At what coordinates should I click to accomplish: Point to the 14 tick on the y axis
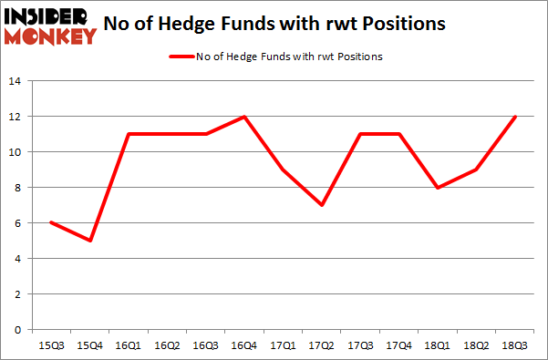tap(16, 81)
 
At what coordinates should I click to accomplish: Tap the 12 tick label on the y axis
tap(16, 117)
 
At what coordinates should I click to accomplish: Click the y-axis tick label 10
tap(16, 152)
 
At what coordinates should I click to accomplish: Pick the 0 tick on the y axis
tap(18, 330)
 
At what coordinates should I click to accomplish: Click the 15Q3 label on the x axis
tap(52, 346)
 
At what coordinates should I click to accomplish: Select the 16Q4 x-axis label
tap(244, 346)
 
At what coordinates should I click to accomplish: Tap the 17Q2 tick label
tap(321, 346)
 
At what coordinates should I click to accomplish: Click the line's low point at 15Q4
tap(91, 241)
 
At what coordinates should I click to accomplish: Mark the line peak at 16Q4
tap(244, 117)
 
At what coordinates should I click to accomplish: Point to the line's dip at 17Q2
tap(321, 205)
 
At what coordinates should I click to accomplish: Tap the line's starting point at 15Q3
tap(52, 223)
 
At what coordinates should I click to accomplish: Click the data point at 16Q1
tap(129, 134)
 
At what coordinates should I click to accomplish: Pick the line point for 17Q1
tap(283, 170)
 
